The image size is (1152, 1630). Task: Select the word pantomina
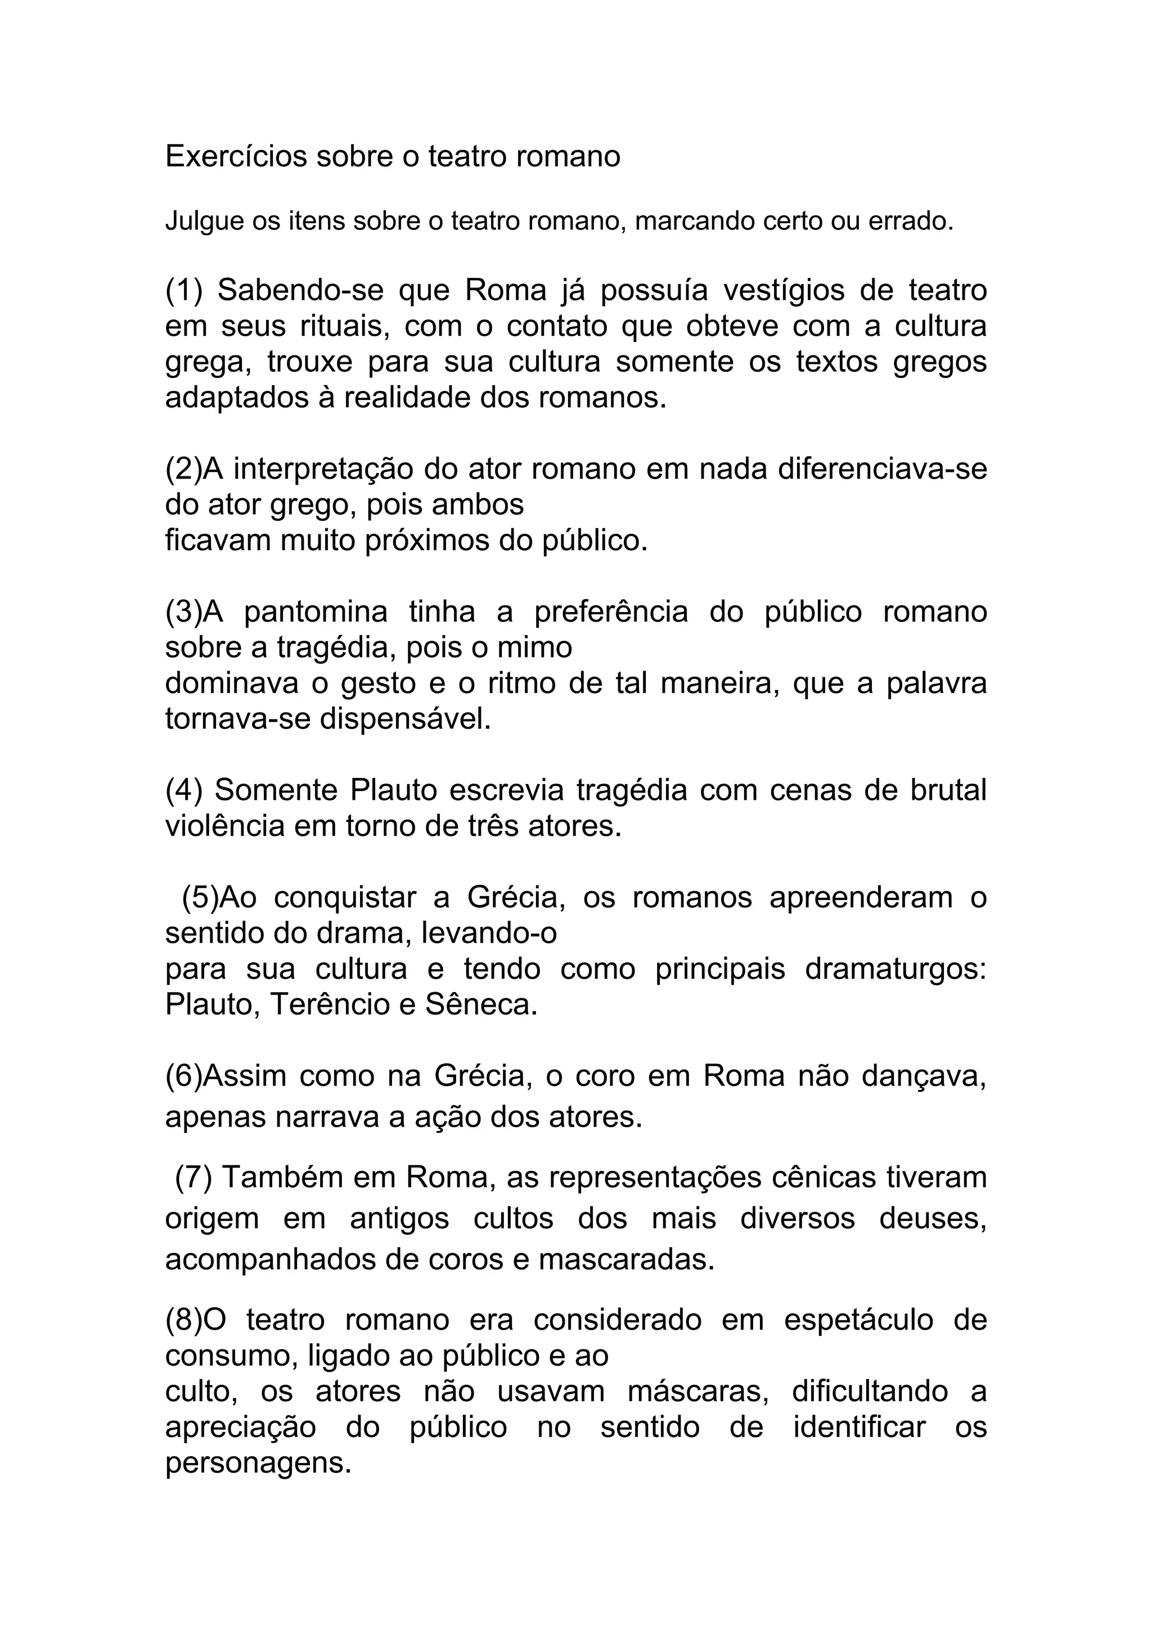(x=316, y=612)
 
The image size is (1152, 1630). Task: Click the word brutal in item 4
(x=948, y=790)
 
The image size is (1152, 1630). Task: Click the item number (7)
(x=193, y=1178)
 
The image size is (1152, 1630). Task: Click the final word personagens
(x=258, y=1463)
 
